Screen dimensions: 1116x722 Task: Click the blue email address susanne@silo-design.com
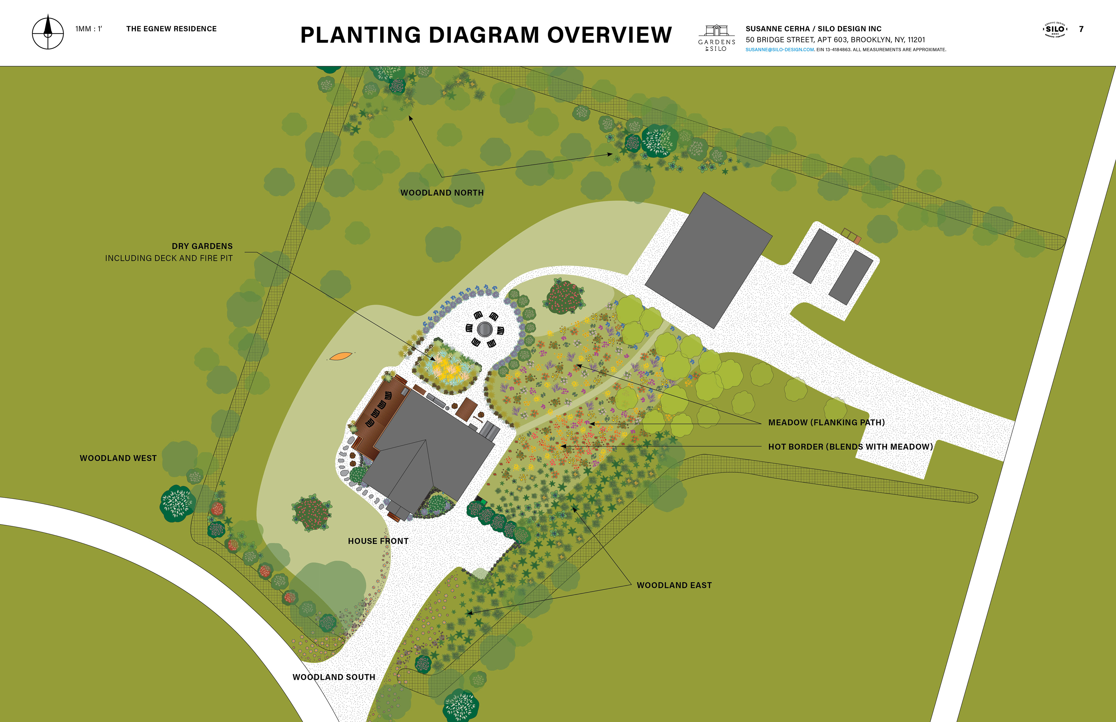tap(779, 50)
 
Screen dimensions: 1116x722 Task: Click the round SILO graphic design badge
tap(1055, 30)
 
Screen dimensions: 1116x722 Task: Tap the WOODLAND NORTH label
tap(442, 193)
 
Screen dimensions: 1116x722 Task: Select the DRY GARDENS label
tap(202, 246)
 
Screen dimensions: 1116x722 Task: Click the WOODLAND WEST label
tap(118, 458)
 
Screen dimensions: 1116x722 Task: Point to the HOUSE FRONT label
tap(378, 541)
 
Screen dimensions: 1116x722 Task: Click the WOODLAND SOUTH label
tap(334, 677)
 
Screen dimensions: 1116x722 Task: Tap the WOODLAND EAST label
tap(674, 585)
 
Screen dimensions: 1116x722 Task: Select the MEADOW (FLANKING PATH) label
tap(826, 422)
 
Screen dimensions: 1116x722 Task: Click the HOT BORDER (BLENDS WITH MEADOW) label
tap(850, 447)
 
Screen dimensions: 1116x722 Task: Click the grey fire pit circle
tap(484, 329)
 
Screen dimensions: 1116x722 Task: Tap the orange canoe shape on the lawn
tap(341, 356)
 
